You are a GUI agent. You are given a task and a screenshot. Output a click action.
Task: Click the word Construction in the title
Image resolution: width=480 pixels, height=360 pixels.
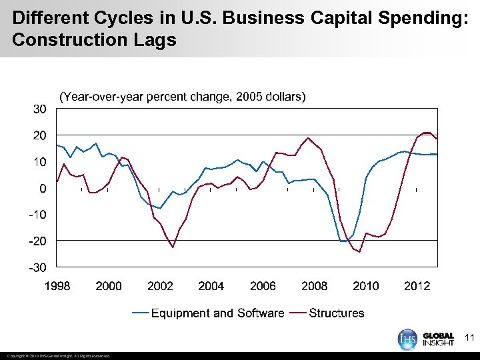tap(64, 40)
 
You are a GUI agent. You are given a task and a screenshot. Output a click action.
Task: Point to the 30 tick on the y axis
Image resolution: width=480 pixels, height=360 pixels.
tap(40, 109)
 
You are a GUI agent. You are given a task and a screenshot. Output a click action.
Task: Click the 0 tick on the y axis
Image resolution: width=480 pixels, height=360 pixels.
tap(43, 188)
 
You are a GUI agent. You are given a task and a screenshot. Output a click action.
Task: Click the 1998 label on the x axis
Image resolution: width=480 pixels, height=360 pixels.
tap(57, 286)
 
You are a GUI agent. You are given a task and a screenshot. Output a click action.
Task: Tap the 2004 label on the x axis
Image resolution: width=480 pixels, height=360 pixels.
tap(211, 286)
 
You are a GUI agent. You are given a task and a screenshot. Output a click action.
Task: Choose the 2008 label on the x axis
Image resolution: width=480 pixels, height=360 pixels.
tap(314, 286)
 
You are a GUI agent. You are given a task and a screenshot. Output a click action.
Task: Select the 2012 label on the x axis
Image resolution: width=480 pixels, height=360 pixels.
tap(417, 286)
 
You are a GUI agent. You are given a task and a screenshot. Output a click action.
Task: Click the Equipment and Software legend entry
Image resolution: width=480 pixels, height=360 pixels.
tap(208, 313)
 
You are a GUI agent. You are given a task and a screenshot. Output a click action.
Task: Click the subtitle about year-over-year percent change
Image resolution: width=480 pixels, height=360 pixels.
tap(183, 97)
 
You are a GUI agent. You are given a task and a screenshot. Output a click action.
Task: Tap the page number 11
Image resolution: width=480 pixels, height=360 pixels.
tap(469, 338)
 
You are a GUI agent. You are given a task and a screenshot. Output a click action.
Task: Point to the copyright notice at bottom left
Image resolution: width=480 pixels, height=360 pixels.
tap(58, 355)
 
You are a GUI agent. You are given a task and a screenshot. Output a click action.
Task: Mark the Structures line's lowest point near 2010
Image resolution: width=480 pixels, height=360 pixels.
tap(359, 252)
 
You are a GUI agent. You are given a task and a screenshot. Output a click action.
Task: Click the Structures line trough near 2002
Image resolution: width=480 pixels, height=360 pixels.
tap(173, 247)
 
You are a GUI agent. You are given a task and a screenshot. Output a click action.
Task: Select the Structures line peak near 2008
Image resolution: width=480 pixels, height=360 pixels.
tap(308, 138)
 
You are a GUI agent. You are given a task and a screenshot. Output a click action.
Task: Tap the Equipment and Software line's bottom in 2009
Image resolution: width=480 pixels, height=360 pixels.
tap(343, 241)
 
